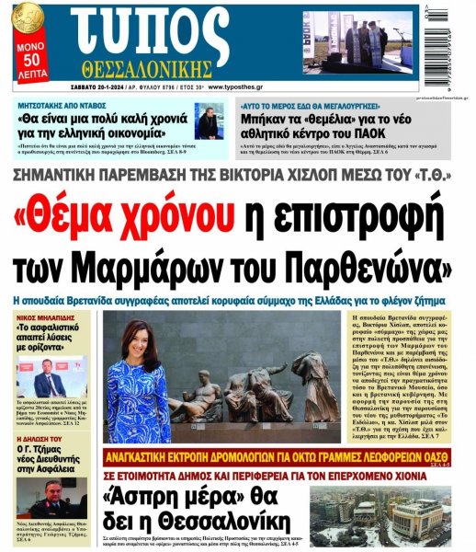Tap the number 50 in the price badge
pos(29,56)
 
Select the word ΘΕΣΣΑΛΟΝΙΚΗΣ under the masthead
pos(166,69)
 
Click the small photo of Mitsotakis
pos(209,121)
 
